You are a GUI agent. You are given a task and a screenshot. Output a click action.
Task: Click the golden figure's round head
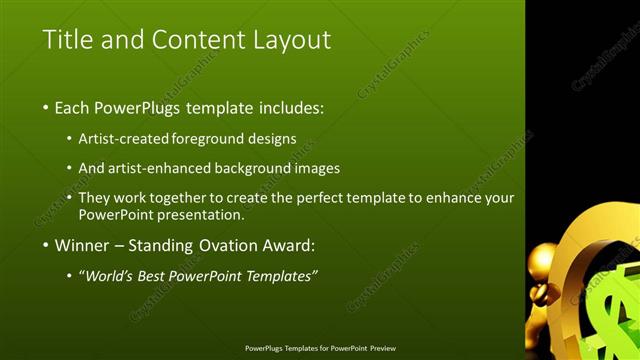pos(543,263)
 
